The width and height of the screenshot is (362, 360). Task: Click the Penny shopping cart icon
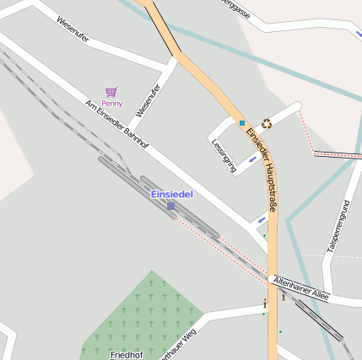pyautogui.click(x=111, y=92)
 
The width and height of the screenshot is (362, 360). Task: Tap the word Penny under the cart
pyautogui.click(x=112, y=104)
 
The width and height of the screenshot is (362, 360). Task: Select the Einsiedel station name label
pyautogui.click(x=171, y=195)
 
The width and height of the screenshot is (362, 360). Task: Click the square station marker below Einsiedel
pyautogui.click(x=170, y=206)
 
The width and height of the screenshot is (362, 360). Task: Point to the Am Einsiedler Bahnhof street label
pyautogui.click(x=117, y=125)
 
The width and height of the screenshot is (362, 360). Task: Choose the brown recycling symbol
pyautogui.click(x=267, y=123)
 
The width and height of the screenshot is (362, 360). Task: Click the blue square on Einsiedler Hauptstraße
pyautogui.click(x=242, y=123)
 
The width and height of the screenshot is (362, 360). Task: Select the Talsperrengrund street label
pyautogui.click(x=337, y=228)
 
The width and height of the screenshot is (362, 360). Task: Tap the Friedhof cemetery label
pyautogui.click(x=127, y=355)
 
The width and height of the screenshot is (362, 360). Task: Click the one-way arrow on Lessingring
pyautogui.click(x=252, y=159)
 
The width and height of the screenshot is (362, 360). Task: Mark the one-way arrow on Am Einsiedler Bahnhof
pyautogui.click(x=262, y=220)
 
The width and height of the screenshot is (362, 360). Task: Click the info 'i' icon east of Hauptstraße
pyautogui.click(x=284, y=297)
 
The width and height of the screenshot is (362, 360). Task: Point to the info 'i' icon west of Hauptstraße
pyautogui.click(x=265, y=303)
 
